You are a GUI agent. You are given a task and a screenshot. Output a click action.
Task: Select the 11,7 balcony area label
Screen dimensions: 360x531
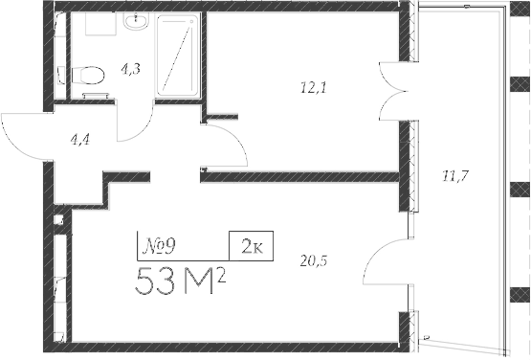(454, 174)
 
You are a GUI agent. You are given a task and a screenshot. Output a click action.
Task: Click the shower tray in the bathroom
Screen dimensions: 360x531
(179, 56)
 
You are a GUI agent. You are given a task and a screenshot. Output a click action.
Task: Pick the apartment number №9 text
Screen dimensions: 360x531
(157, 248)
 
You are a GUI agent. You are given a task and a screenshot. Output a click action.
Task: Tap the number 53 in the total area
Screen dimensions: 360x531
(157, 283)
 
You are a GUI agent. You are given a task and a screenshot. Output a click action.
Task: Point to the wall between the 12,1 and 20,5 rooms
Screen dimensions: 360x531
(297, 177)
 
